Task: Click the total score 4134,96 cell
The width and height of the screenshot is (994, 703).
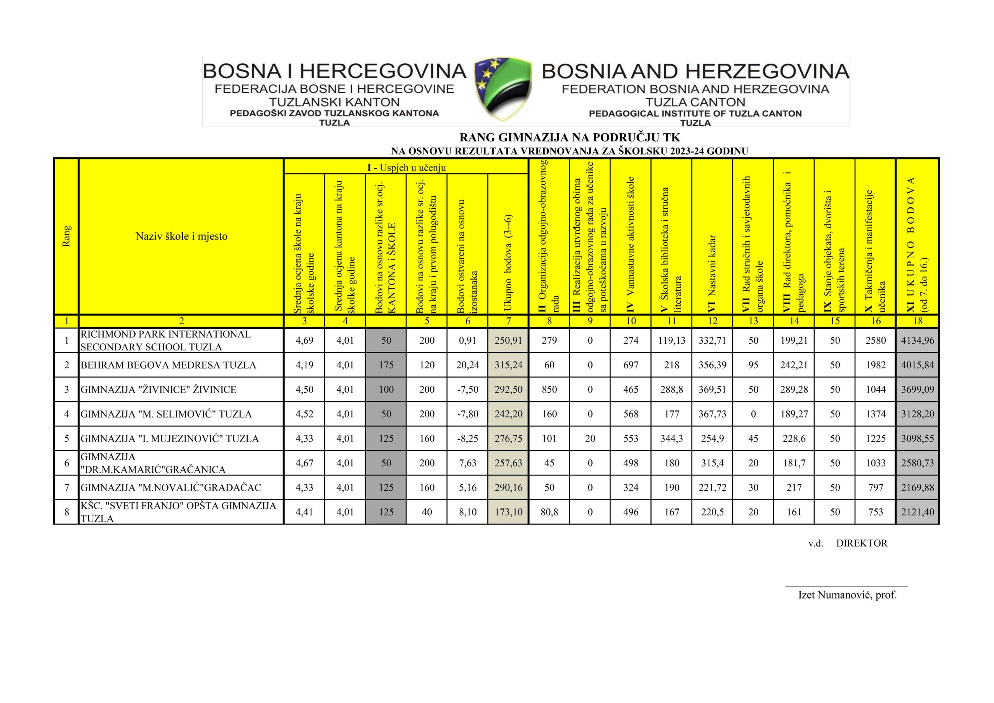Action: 917,341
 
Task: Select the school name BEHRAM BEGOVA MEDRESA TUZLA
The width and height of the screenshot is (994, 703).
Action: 168,365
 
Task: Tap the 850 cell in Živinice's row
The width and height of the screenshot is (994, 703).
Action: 549,390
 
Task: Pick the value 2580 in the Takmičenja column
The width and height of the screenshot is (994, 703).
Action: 875,341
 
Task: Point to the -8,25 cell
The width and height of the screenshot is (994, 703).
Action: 467,439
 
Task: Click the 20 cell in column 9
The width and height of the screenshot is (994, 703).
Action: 590,439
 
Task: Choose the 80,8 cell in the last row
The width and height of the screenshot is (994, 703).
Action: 549,512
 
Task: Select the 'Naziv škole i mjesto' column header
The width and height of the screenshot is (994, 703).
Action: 181,237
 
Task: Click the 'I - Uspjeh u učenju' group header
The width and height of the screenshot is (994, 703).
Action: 406,167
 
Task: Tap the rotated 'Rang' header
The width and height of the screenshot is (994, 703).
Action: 66,237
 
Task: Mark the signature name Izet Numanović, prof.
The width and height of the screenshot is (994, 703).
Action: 846,595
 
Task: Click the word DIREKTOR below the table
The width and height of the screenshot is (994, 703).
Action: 862,543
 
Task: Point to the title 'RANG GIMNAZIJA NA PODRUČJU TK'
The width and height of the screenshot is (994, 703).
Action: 569,138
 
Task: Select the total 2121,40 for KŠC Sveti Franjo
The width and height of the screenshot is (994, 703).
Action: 917,512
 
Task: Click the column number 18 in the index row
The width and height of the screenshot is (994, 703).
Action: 917,321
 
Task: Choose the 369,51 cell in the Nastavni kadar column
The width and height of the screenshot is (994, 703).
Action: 712,390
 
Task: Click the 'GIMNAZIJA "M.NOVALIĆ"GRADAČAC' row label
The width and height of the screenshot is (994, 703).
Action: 171,488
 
